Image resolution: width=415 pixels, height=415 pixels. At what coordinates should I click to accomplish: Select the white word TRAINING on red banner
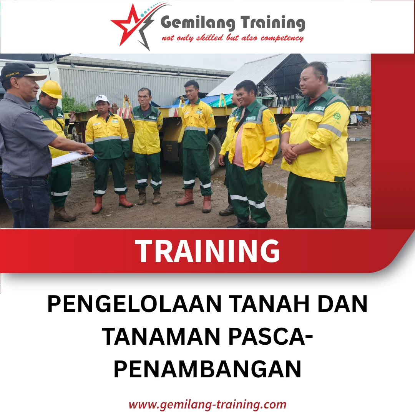[207, 251]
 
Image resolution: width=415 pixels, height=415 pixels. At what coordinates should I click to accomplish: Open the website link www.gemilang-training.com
[207, 405]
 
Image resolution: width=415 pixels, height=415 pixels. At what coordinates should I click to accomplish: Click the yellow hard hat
[51, 89]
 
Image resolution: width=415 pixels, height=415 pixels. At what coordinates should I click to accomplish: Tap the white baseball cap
[102, 99]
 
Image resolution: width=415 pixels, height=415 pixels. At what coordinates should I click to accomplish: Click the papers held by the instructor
[69, 158]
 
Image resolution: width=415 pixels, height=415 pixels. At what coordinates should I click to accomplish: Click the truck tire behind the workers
[214, 152]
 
